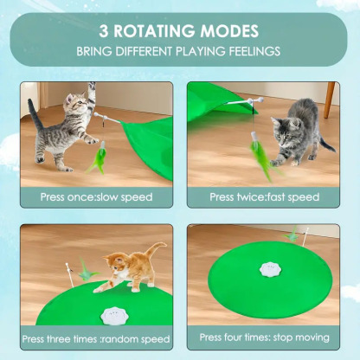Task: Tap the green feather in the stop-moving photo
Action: (293, 234)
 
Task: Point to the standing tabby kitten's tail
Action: (33, 113)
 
